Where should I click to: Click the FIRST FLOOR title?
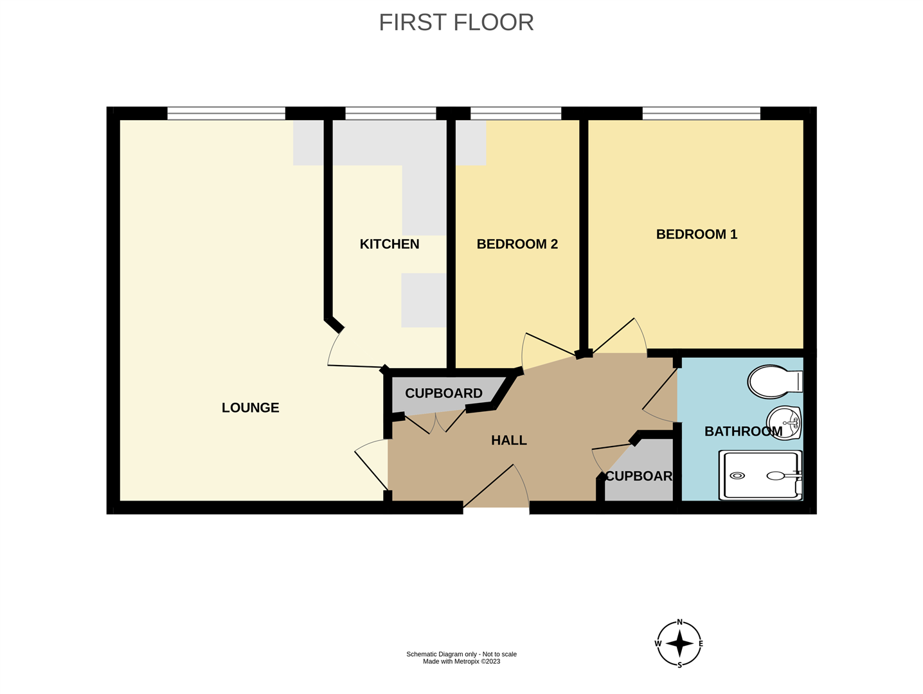(456, 22)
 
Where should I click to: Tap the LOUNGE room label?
(250, 407)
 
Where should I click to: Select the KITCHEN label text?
(389, 244)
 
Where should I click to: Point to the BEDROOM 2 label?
(517, 244)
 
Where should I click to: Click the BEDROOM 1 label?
(696, 235)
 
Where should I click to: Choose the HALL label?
(508, 440)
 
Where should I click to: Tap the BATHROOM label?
(742, 431)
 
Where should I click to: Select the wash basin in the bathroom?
(784, 422)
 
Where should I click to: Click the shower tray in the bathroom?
(760, 476)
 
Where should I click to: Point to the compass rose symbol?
(679, 643)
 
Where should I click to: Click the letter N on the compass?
(679, 623)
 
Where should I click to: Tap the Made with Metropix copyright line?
(461, 662)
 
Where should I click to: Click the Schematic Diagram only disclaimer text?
(461, 654)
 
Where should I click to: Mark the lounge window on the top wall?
(226, 114)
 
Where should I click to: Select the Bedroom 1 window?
(701, 114)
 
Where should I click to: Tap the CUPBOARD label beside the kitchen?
(444, 393)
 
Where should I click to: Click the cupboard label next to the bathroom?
(638, 476)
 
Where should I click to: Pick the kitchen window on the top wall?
(390, 114)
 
